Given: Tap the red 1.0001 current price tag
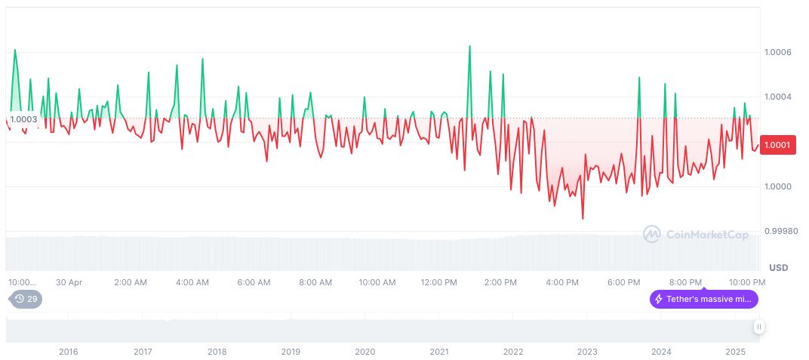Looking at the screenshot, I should (x=777, y=145).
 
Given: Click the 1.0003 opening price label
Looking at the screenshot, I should (x=24, y=118).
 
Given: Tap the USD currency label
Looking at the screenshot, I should (x=778, y=268).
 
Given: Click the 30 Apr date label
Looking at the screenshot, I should (x=69, y=282).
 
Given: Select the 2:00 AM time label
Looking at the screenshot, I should (x=131, y=282).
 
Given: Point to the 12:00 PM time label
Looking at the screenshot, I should (x=438, y=282).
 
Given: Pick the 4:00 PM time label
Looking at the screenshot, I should (x=562, y=282).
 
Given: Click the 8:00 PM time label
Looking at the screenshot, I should (x=685, y=282).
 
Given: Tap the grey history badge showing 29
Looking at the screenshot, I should (x=26, y=299).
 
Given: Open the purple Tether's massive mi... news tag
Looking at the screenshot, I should (x=703, y=299).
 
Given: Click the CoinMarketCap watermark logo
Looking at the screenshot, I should (x=695, y=235).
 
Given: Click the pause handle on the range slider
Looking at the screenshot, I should (x=758, y=327).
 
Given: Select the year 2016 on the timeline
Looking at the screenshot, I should (x=69, y=352).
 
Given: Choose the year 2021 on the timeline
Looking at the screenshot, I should (x=438, y=352).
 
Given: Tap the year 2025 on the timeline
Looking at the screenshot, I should (x=735, y=352).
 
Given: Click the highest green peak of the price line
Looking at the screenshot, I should (x=469, y=46).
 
